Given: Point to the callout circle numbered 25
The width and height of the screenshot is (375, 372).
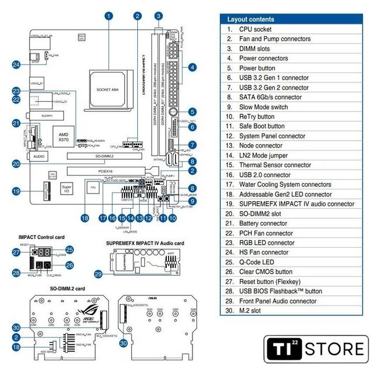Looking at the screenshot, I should pos(70,249).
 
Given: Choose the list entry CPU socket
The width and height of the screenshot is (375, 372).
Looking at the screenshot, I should pos(255,29).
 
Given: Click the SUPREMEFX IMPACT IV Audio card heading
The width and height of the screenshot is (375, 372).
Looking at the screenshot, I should pos(145,243).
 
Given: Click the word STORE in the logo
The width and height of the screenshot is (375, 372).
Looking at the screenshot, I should pos(335,349).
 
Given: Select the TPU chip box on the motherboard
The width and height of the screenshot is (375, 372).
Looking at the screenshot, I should pos(92,188).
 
